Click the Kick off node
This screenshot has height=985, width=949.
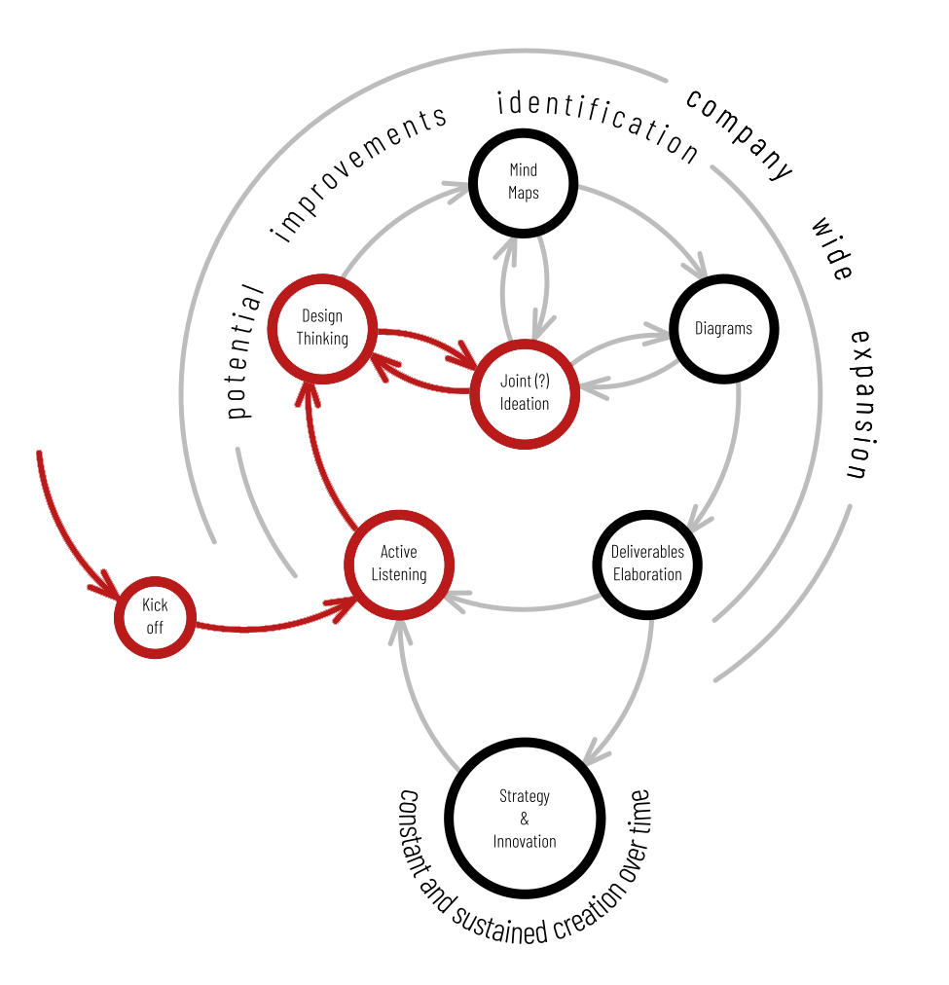click(155, 616)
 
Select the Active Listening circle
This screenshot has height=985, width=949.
click(399, 564)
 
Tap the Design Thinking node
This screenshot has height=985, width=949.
click(322, 328)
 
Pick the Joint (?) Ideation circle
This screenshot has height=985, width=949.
click(525, 392)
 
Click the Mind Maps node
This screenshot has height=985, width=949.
click(524, 181)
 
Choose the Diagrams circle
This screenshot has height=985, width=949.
click(723, 329)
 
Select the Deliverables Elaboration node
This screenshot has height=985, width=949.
click(647, 564)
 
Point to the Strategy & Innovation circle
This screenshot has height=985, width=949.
click(525, 819)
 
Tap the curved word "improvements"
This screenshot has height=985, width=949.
click(360, 172)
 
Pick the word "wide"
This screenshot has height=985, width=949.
click(832, 249)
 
